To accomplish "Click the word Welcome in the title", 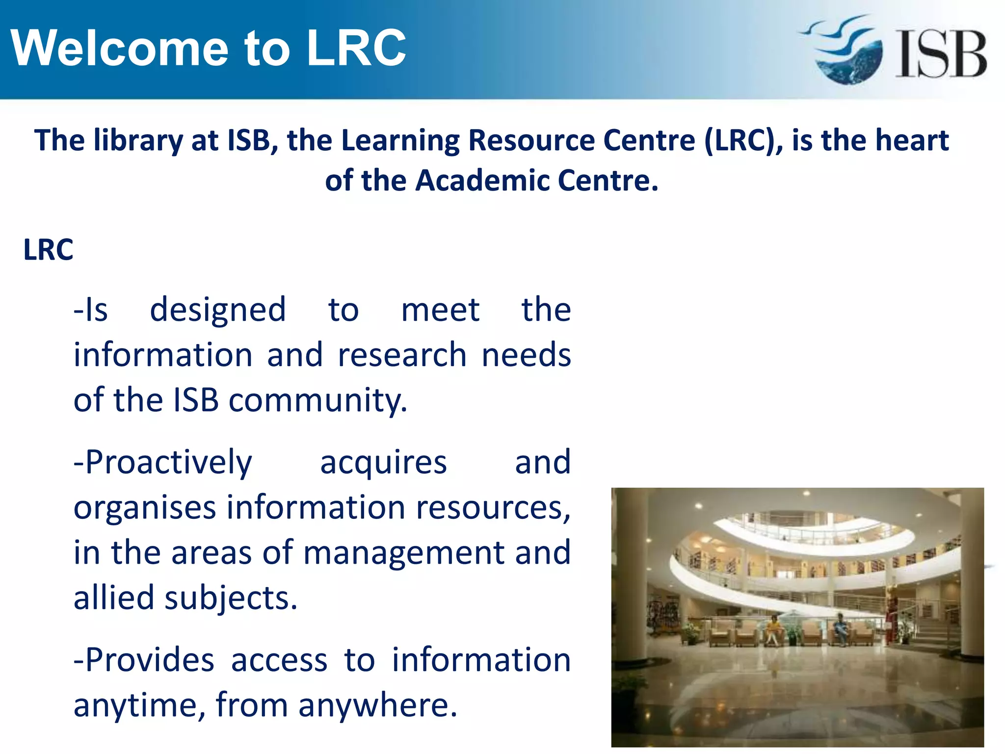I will pos(120,48).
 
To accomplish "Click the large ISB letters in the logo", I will pos(941,54).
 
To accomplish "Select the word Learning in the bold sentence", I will pos(400,141).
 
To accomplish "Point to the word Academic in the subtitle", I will pos(483,181).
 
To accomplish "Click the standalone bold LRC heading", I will pos(48,250).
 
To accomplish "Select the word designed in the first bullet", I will pos(217,310).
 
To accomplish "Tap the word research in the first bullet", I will pos(402,355).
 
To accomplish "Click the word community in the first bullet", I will pos(318,401).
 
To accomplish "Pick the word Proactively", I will pos(163,463).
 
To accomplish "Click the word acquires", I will pos(383,463).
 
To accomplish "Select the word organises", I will pos(145,508).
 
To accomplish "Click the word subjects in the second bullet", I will pos(231,598).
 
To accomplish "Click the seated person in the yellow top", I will pos(774,630).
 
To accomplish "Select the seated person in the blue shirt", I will pos(841,628).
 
